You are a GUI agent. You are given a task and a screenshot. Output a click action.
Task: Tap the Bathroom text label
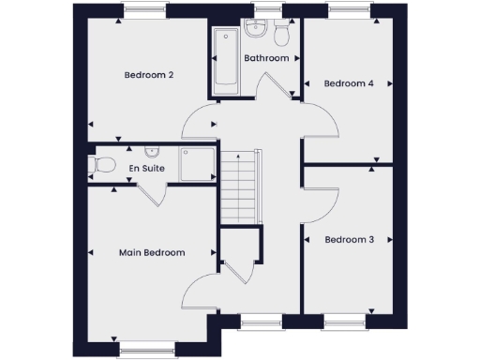pyautogui.click(x=266, y=58)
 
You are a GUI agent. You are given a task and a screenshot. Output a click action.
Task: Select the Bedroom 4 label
pyautogui.click(x=349, y=83)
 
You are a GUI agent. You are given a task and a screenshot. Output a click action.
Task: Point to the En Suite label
pyautogui.click(x=147, y=167)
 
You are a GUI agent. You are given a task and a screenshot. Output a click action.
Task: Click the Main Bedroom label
pyautogui.click(x=151, y=252)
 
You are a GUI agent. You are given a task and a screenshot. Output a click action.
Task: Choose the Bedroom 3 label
pyautogui.click(x=349, y=240)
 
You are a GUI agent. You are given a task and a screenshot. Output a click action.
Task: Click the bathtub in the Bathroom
pyautogui.click(x=225, y=62)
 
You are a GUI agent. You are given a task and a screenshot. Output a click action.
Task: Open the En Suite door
pyautogui.click(x=152, y=196)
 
